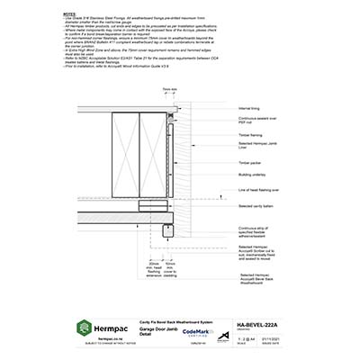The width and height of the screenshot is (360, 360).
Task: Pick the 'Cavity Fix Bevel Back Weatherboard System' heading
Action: point(167,319)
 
